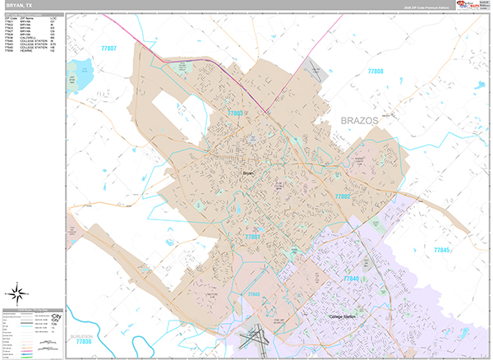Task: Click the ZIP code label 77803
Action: coord(236,113)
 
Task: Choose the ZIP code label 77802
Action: coord(343,196)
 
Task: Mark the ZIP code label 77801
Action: coord(252,237)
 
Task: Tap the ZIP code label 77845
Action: coord(444,249)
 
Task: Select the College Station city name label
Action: coord(345,316)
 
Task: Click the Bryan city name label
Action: coord(249,173)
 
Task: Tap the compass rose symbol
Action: coord(17,292)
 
